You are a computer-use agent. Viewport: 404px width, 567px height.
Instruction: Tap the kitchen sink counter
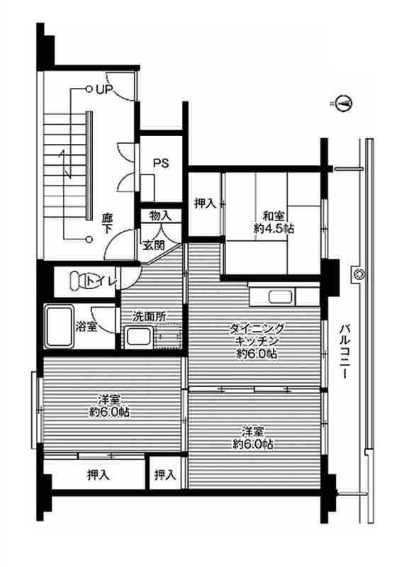coord(281,298)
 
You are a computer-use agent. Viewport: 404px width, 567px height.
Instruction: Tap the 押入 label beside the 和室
coord(205,204)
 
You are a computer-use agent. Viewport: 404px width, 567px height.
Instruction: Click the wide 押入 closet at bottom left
coord(98,475)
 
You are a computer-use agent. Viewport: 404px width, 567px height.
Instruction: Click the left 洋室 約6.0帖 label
coord(103,405)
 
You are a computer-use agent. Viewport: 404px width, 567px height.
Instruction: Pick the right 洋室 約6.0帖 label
coord(253,437)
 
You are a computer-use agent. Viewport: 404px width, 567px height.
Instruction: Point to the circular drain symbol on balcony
coord(359,274)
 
